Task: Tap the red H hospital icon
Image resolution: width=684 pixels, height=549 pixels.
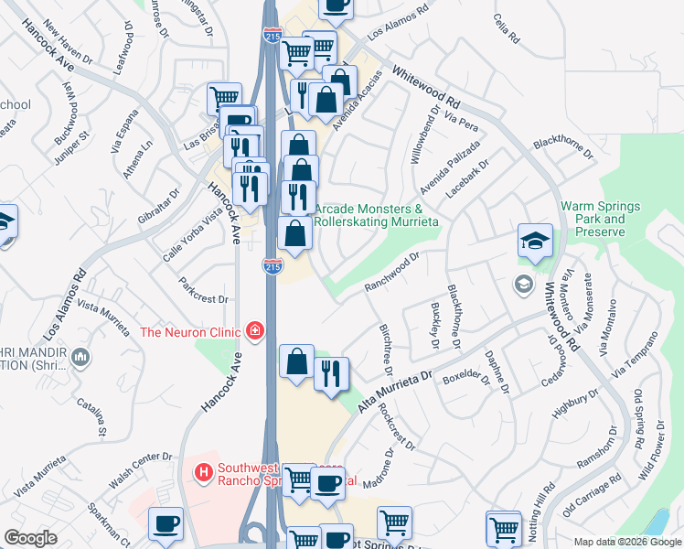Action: [x=205, y=473]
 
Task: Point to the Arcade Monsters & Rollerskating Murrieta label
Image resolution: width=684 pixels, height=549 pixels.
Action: [x=377, y=215]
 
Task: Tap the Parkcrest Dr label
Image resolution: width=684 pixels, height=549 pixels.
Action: [x=203, y=291]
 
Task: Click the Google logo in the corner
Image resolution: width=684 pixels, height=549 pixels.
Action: [x=29, y=538]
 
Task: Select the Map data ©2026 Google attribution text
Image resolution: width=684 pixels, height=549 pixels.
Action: [x=626, y=542]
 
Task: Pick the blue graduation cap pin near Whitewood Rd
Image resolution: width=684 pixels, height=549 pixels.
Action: [x=535, y=242]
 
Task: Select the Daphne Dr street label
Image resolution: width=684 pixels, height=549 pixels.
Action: [x=497, y=372]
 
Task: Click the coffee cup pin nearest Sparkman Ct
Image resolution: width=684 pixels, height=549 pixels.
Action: [x=166, y=525]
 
